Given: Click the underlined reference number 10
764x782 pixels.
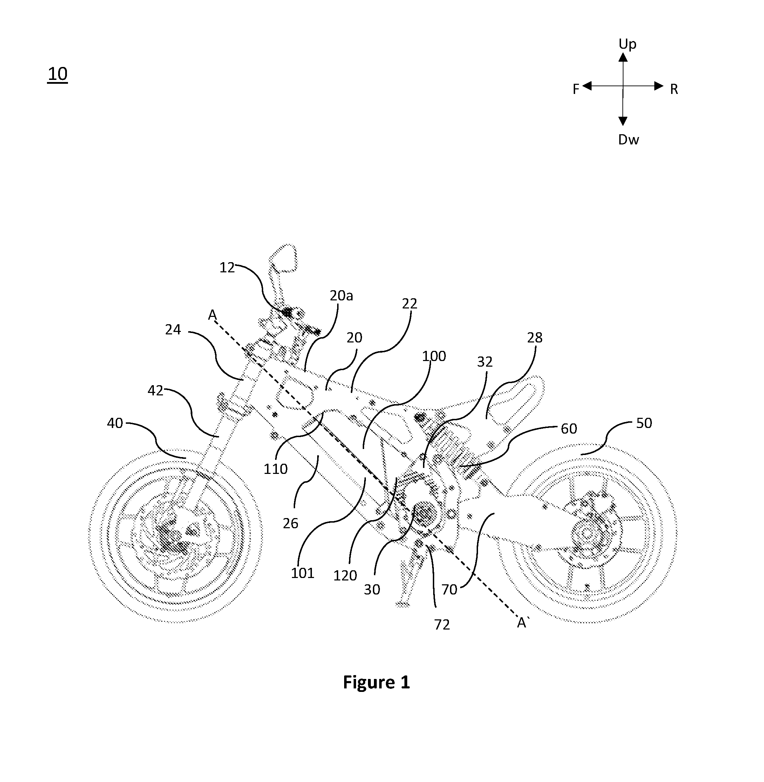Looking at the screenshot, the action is point(57,74).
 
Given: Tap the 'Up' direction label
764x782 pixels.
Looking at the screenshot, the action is point(627,44).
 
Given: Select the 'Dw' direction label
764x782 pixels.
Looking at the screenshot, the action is point(628,140).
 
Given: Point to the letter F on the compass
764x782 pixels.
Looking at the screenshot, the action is point(576,89).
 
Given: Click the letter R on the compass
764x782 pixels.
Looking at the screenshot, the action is point(674,89).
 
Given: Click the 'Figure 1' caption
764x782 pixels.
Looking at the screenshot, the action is point(376,682).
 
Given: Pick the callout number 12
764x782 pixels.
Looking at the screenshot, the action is point(227,268).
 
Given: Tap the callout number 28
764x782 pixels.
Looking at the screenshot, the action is point(534,338).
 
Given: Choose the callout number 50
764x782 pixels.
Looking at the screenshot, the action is point(644,423).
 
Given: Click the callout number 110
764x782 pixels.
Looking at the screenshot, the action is point(276,469).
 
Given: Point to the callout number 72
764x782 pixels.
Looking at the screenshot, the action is point(442,624).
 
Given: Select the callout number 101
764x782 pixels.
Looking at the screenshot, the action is point(302,573).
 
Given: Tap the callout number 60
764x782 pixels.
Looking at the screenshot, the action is point(568,429).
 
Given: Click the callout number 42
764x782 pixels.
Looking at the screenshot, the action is point(156,390).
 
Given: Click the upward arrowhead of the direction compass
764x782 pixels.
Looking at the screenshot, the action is point(623,57).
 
